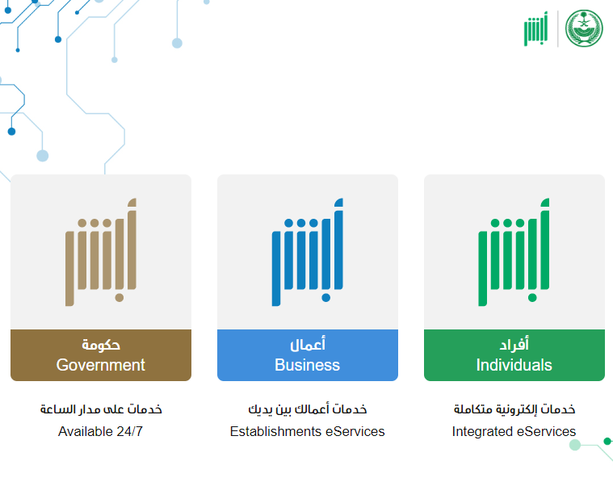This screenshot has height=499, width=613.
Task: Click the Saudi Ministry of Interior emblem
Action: (x=584, y=28)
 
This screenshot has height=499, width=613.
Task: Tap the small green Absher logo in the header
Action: (x=536, y=29)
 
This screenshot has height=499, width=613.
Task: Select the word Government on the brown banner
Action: (x=100, y=365)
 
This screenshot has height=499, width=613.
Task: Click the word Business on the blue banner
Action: (x=307, y=365)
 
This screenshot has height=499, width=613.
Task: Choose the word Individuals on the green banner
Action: (x=514, y=365)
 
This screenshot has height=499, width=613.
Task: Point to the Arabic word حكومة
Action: (x=101, y=345)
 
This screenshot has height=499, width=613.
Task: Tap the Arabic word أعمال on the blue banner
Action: (x=308, y=344)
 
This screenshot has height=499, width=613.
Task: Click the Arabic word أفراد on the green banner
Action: (x=514, y=344)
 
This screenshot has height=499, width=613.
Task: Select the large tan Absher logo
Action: (x=101, y=252)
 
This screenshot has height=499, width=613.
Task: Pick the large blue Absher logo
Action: (x=307, y=252)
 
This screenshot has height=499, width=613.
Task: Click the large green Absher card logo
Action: (x=514, y=252)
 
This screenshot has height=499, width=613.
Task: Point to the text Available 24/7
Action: (x=100, y=431)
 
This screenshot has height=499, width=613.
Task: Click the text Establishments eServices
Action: (x=307, y=431)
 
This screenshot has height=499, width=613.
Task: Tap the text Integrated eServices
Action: (x=514, y=431)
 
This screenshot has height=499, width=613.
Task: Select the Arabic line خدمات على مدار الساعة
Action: (x=101, y=409)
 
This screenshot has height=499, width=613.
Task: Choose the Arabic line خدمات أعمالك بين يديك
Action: (x=308, y=409)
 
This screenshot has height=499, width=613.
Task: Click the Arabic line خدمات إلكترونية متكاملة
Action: (x=514, y=409)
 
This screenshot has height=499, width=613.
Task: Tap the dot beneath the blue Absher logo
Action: (x=326, y=298)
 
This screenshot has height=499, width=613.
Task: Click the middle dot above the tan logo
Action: (x=94, y=223)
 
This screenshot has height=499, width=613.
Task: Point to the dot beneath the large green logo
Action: (x=532, y=298)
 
